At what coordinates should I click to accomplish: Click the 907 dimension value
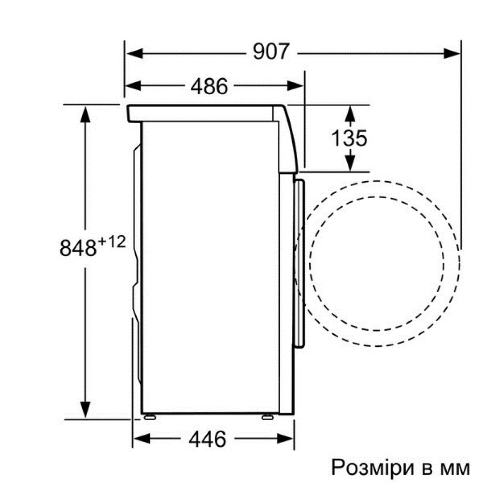[x=271, y=52]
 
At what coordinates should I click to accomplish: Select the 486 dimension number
[x=209, y=86]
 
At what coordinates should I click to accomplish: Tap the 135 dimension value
[x=349, y=138]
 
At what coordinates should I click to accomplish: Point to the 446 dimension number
[x=207, y=439]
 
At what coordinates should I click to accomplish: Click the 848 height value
[x=78, y=248]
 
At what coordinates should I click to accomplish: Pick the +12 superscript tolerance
[x=112, y=242]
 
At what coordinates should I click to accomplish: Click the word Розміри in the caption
[x=372, y=468]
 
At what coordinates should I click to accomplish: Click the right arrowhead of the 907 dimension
[x=452, y=54]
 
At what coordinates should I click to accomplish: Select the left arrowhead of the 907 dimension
[x=135, y=54]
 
